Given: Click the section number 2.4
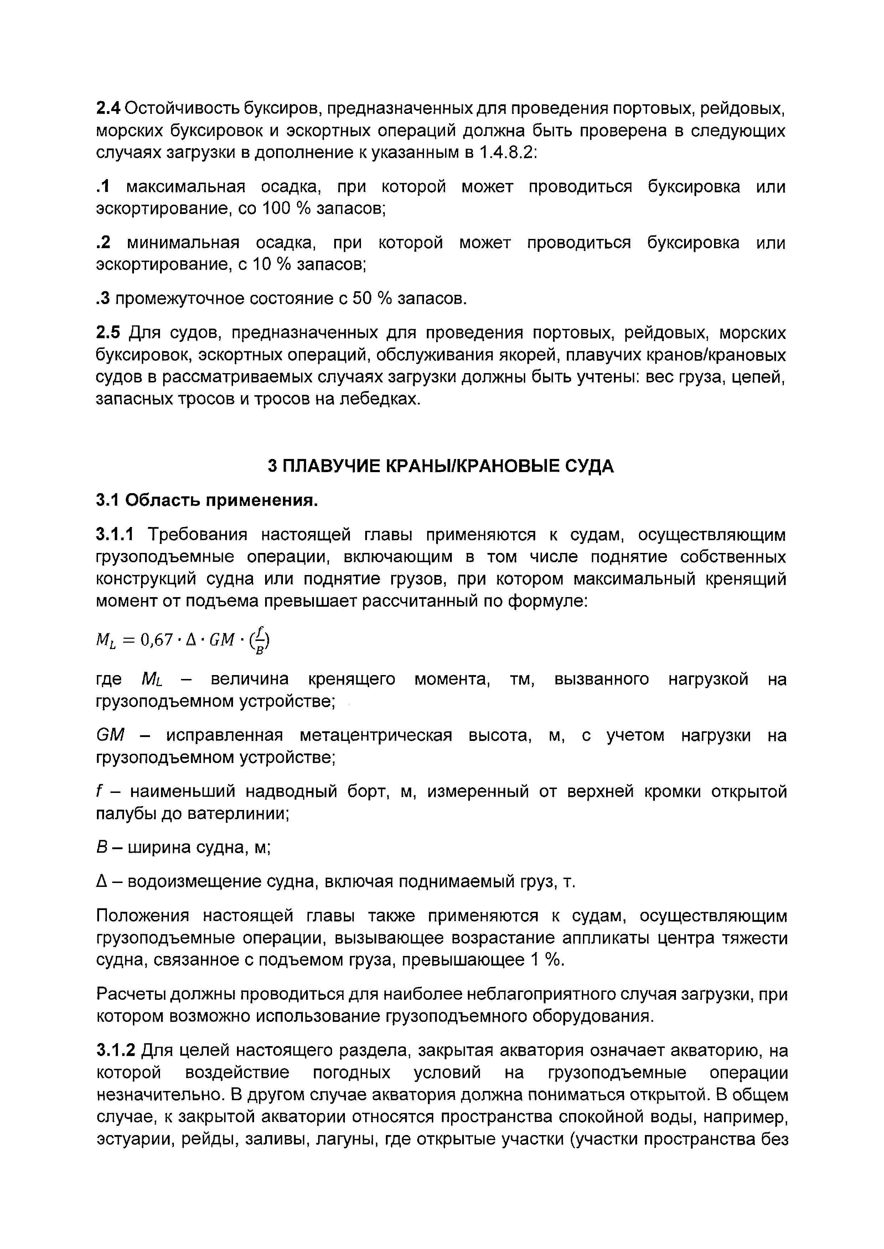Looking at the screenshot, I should (108, 109).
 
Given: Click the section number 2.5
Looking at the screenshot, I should (108, 333).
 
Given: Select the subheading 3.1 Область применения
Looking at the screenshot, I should (207, 500).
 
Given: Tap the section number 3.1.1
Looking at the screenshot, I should (114, 535).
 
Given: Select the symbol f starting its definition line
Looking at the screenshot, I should (99, 791).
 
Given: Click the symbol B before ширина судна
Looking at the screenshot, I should (101, 847).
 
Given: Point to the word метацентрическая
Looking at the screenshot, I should (376, 736).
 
